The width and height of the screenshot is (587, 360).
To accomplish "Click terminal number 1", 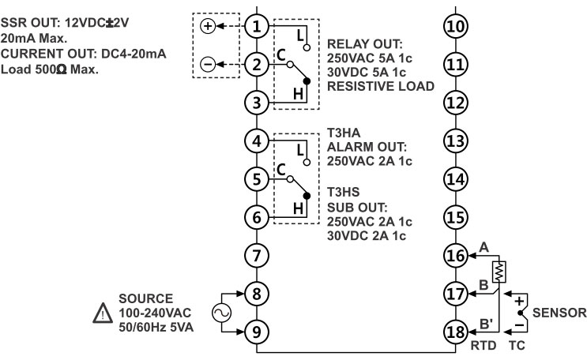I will coord(256,26).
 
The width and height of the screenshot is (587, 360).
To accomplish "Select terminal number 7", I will coord(256,255).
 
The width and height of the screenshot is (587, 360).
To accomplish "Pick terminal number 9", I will coord(256,331).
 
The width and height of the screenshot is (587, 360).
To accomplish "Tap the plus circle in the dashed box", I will coord(208,26).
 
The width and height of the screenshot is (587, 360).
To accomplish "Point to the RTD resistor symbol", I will coord(499,272).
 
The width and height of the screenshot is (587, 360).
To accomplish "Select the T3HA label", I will coord(342,133).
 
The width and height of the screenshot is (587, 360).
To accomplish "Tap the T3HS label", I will coord(342,192).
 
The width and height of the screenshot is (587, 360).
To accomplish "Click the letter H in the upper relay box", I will coord(298,93).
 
